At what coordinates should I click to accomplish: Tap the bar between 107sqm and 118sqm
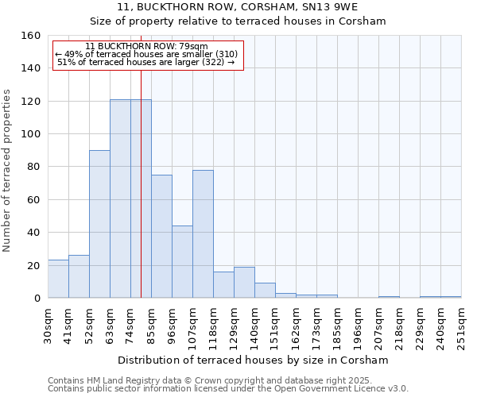tap(203, 234)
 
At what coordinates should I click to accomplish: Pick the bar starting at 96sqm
tap(182, 262)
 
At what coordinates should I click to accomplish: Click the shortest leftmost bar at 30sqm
tap(58, 279)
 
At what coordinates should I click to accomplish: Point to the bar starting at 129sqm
tap(244, 283)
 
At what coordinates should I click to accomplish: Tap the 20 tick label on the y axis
tap(33, 265)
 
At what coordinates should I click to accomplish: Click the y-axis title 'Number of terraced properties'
tap(7, 170)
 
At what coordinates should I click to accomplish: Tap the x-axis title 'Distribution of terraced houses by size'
tap(254, 360)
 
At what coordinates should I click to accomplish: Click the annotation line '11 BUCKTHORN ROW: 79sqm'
tap(146, 46)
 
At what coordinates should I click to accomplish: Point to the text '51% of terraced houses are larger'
tap(146, 62)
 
